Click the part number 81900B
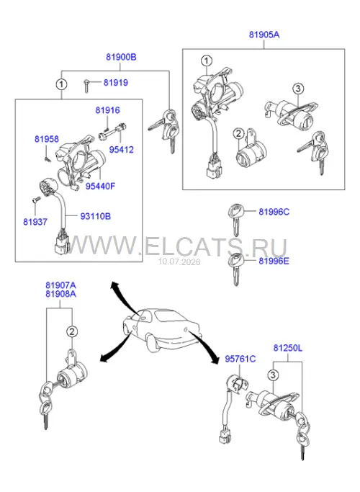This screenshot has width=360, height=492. pyautogui.click(x=121, y=58)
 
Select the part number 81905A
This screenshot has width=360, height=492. pyautogui.click(x=264, y=35)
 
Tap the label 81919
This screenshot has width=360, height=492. pyautogui.click(x=116, y=83)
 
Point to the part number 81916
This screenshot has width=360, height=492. pyautogui.click(x=107, y=110)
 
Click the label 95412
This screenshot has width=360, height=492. pyautogui.click(x=122, y=150)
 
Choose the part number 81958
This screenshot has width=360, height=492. pyautogui.click(x=47, y=139)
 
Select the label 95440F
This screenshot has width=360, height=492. pyautogui.click(x=101, y=186)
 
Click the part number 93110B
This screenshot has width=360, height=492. pyautogui.click(x=96, y=216)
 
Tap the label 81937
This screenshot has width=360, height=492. pyautogui.click(x=35, y=222)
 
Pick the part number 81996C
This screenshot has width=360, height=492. pyautogui.click(x=274, y=212)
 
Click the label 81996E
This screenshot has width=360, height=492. pyautogui.click(x=274, y=261)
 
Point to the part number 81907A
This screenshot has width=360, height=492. pyautogui.click(x=60, y=285)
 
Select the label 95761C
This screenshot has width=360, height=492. pyautogui.click(x=240, y=359)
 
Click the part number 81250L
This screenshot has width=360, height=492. pyautogui.click(x=288, y=348)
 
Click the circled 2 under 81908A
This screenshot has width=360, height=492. pyautogui.click(x=72, y=331)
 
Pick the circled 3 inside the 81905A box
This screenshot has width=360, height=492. pyautogui.click(x=298, y=89)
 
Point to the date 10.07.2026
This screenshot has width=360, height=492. pyautogui.click(x=179, y=261)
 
